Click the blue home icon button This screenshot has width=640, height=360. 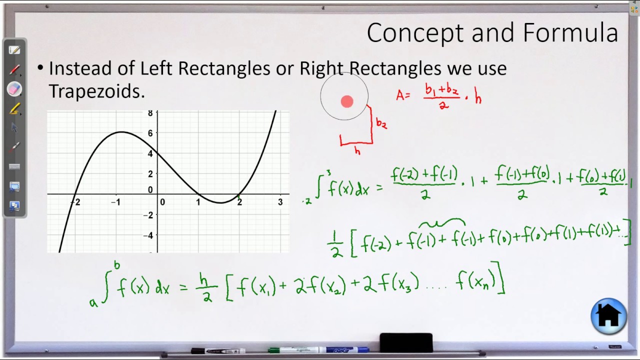tap(608, 316)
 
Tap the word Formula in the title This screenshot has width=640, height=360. tap(570, 33)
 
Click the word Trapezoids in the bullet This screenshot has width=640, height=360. tap(96, 91)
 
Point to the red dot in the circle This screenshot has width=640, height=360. tap(347, 102)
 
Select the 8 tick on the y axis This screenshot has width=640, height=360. tap(150, 113)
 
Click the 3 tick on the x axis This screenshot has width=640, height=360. tap(280, 202)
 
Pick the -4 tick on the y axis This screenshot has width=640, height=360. tap(147, 235)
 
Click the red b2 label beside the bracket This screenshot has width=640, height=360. tap(381, 123)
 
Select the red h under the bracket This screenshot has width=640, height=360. tap(357, 150)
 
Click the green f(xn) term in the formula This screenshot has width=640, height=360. tap(475, 283)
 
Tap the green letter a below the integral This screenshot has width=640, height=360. tap(93, 302)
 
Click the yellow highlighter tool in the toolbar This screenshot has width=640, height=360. tap(14, 108)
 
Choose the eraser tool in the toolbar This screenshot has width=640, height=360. tap(14, 89)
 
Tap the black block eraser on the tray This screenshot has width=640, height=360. tap(406, 343)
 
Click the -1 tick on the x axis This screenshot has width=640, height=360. tap(116, 202)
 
